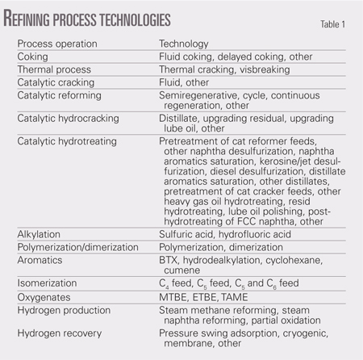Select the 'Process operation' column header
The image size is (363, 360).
53,45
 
